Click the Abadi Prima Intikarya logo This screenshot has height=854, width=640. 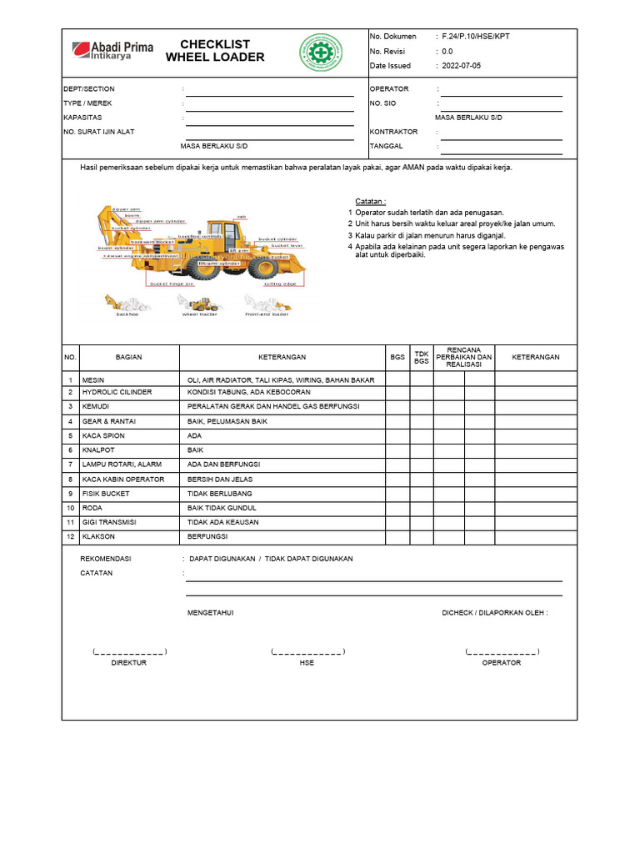click(112, 51)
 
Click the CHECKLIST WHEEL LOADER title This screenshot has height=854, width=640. click(215, 51)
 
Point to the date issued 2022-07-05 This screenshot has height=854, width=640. click(462, 66)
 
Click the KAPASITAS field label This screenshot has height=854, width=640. click(82, 118)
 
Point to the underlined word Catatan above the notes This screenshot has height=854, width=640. click(370, 202)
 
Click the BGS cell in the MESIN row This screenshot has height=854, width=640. click(397, 379)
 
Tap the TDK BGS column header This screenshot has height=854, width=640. click(422, 357)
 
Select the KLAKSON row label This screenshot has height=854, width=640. click(98, 536)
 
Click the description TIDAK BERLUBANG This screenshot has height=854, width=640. click(221, 494)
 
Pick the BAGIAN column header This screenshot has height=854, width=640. click(128, 357)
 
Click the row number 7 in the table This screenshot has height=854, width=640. click(71, 465)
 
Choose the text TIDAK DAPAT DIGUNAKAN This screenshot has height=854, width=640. click(308, 559)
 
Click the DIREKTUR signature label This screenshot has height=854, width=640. click(129, 663)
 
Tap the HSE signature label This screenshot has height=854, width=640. click(307, 663)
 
